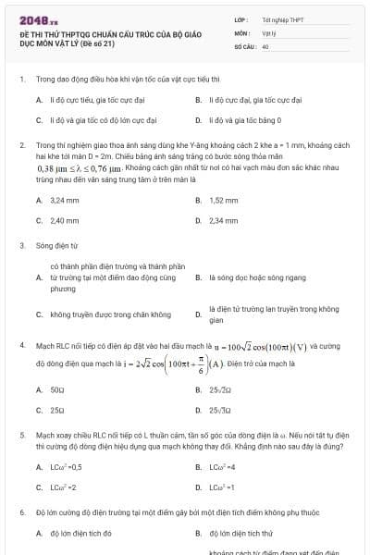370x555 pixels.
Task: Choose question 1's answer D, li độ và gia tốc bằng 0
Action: click(x=244, y=119)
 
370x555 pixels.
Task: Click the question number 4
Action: click(x=21, y=345)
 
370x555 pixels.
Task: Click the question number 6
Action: click(x=21, y=511)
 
